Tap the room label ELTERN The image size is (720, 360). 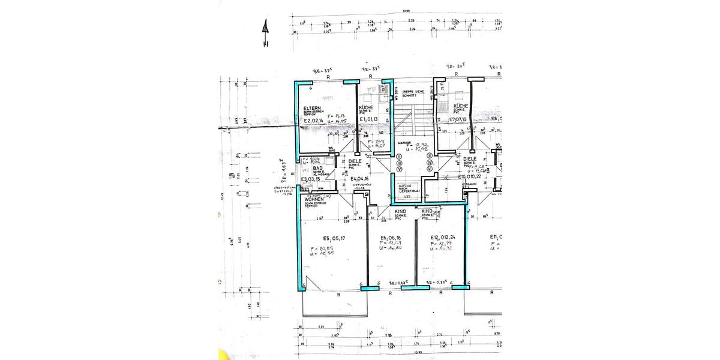[313, 108]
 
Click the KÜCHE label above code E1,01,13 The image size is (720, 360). [367, 107]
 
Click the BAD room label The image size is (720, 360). [310, 169]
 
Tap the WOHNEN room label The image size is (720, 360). [316, 199]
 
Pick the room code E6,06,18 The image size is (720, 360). [391, 237]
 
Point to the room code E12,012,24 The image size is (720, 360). [443, 237]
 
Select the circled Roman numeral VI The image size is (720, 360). [430, 169]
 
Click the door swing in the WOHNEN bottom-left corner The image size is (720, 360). [308, 283]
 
